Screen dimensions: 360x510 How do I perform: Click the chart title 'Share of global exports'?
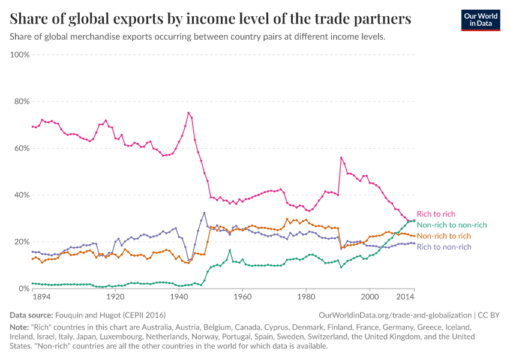[211, 19]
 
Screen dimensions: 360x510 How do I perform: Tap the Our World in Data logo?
[480, 19]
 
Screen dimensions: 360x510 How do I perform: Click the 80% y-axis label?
[22, 101]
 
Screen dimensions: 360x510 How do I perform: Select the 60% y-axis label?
[22, 148]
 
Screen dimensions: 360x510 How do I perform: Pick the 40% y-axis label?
[22, 195]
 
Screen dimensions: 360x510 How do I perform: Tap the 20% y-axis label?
[22, 242]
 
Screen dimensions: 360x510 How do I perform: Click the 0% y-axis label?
[24, 289]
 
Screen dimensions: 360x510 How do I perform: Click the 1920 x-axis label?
[115, 297]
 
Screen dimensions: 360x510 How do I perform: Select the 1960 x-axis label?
[242, 297]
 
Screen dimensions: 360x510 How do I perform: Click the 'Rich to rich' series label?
[435, 214]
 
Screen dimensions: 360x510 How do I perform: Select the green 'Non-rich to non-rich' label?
[451, 224]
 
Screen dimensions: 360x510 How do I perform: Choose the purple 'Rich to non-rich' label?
[443, 247]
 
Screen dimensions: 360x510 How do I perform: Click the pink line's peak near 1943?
[188, 113]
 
